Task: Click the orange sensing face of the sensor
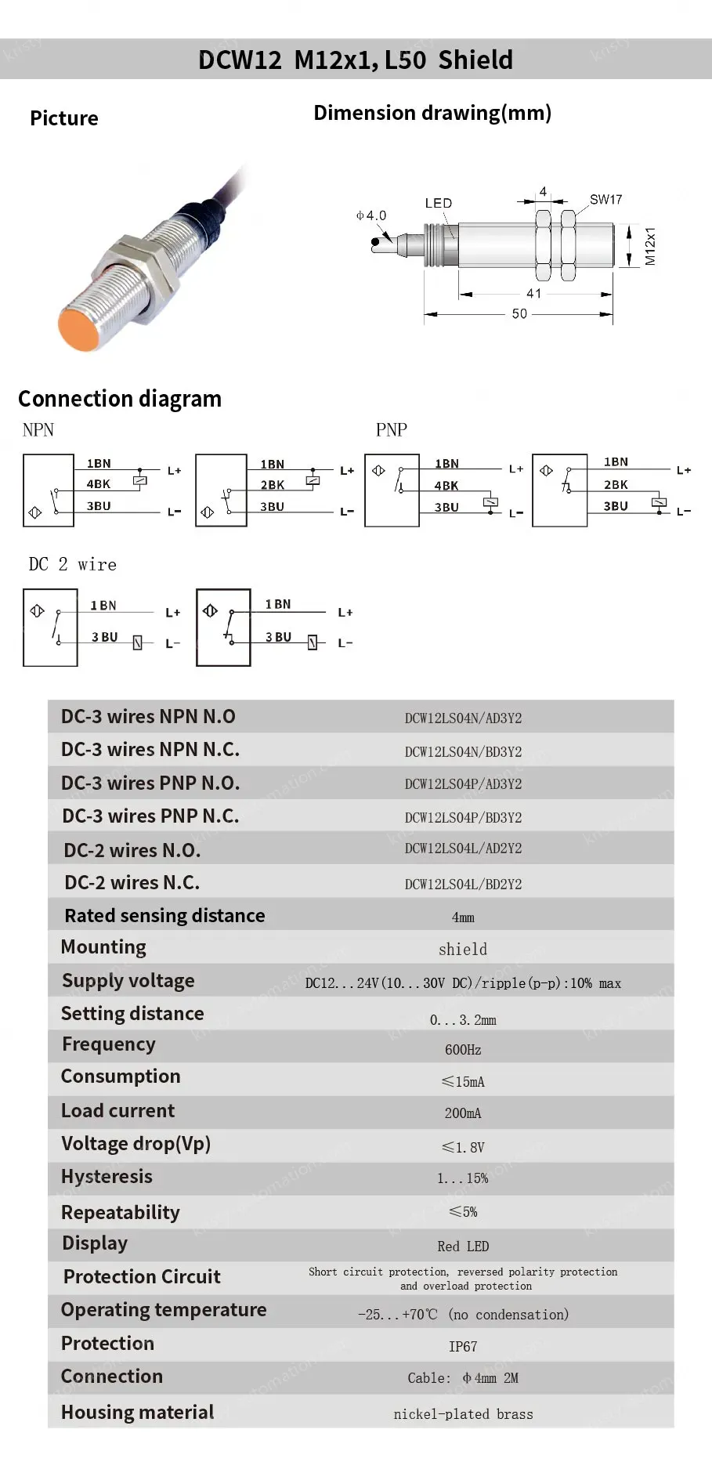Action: tap(78, 329)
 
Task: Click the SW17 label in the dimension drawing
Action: tap(605, 200)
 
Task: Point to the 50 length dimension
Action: tap(519, 313)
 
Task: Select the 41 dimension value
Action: tap(533, 293)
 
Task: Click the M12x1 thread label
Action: tap(650, 246)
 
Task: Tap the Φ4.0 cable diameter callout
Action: tap(371, 215)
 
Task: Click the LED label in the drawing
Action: tap(439, 203)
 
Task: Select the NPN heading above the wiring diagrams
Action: tap(38, 429)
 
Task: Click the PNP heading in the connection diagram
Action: tap(392, 429)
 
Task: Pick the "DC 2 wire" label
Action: tap(73, 564)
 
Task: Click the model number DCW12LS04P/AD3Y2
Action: tap(463, 783)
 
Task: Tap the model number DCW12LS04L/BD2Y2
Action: tap(463, 884)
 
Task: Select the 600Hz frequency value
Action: tap(463, 1049)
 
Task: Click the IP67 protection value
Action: tap(463, 1346)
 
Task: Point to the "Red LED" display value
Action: tap(463, 1246)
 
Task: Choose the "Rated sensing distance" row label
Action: tap(164, 915)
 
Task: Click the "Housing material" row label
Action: tap(137, 1412)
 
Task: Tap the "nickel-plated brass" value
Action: tap(463, 1414)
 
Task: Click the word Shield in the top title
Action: tap(475, 60)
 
